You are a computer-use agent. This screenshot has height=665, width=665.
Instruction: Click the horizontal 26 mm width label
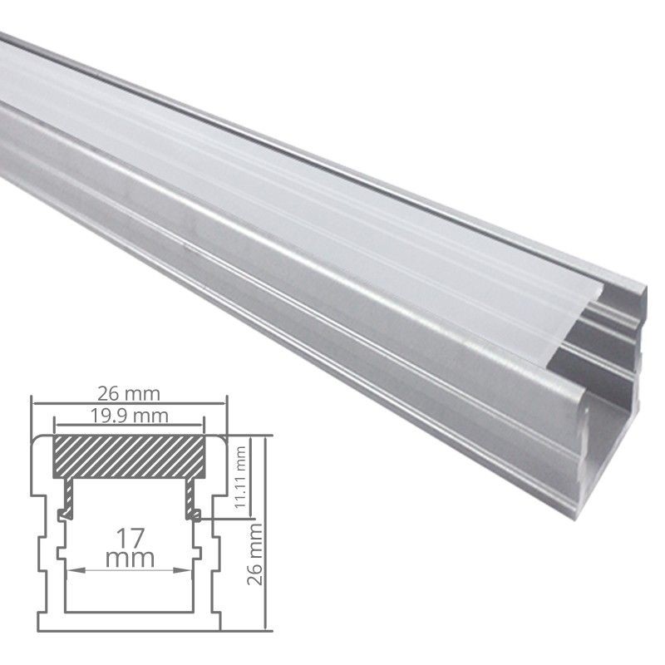click(129, 392)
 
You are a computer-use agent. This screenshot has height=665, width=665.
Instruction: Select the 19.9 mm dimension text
click(129, 411)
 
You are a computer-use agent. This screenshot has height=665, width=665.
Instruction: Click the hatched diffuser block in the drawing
click(129, 453)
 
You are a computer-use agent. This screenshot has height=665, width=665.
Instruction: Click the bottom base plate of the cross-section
click(129, 619)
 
